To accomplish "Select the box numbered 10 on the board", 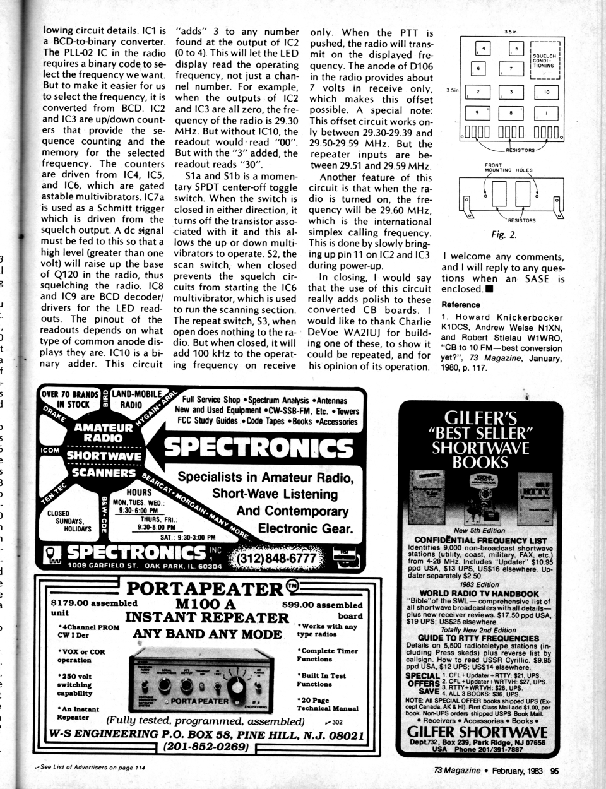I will click(x=547, y=92).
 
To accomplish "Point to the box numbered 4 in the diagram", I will click(x=484, y=48).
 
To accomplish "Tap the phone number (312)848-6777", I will click(x=275, y=559).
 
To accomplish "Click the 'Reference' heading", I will click(x=461, y=305).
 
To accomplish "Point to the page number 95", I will click(x=554, y=769).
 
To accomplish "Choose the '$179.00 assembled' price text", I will click(x=93, y=603).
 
